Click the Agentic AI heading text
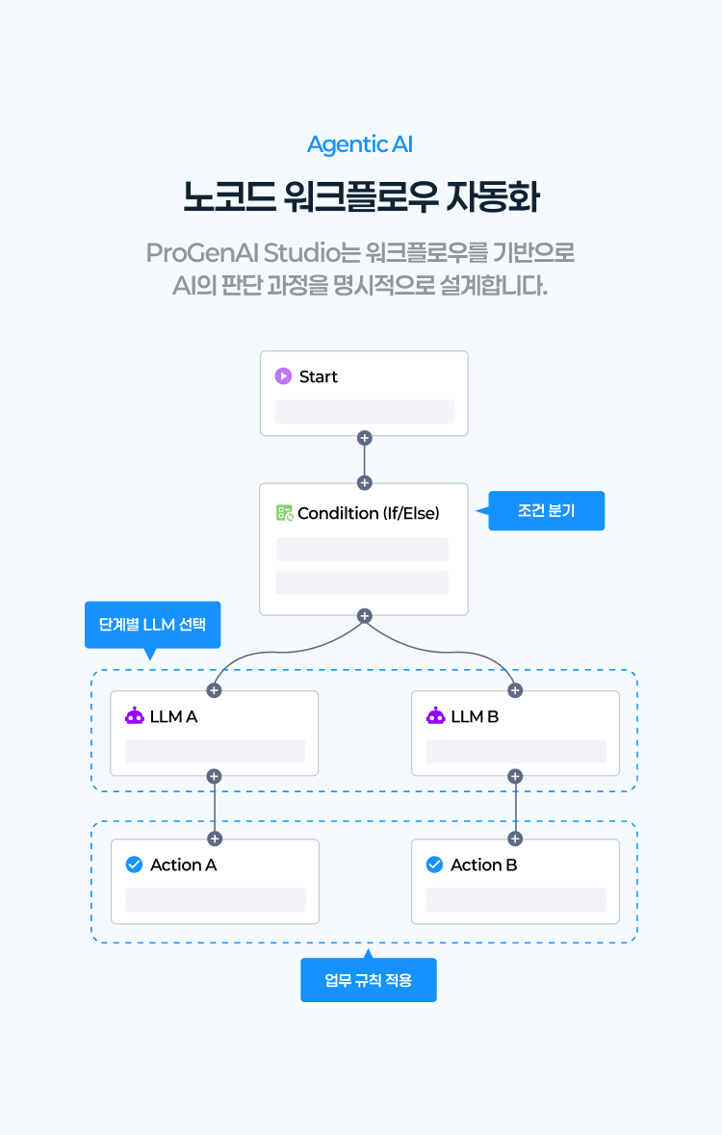click(x=360, y=144)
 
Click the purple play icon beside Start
click(x=283, y=376)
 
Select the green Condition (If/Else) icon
click(x=285, y=513)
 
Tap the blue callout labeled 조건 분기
click(x=547, y=510)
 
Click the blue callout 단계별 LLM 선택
click(x=152, y=624)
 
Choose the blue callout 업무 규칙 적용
click(x=368, y=980)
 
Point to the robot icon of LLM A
click(x=135, y=716)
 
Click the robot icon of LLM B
click(x=436, y=716)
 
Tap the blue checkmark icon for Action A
click(x=135, y=864)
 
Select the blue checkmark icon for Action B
click(x=434, y=864)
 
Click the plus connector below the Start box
click(x=364, y=438)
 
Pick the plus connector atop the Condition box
click(x=364, y=482)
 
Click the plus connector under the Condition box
click(x=364, y=615)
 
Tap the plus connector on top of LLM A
click(x=214, y=690)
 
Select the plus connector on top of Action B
click(x=515, y=838)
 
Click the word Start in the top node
click(x=319, y=376)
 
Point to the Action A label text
click(x=183, y=864)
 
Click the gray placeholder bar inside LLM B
click(x=516, y=752)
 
